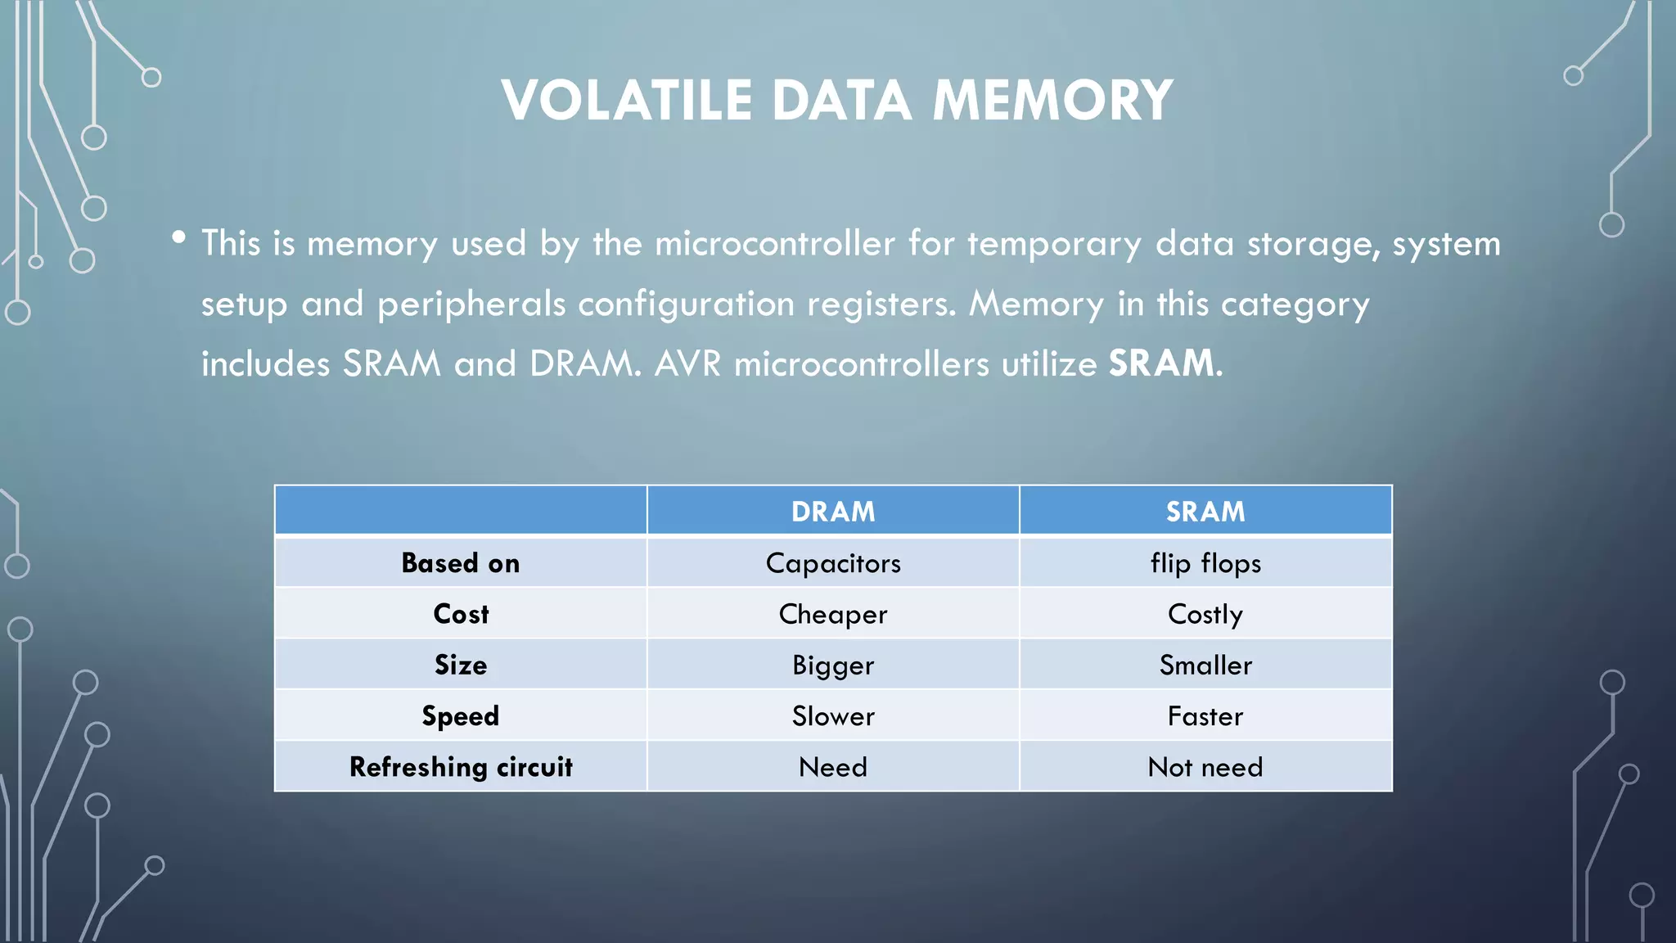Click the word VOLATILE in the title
tap(627, 101)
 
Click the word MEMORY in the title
tap(1053, 101)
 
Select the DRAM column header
tap(833, 512)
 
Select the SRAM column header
tap(1205, 512)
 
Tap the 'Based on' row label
tap(461, 563)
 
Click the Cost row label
tap(461, 614)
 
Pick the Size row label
tap(461, 665)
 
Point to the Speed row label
tap(461, 716)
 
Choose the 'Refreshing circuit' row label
tap(461, 767)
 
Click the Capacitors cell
tap(833, 563)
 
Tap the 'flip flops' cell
tap(1205, 563)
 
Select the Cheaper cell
tap(833, 614)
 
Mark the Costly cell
tap(1205, 614)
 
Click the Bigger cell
tap(833, 665)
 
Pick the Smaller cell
tap(1205, 665)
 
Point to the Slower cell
tap(833, 716)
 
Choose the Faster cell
tap(1205, 716)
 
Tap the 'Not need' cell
tap(1205, 767)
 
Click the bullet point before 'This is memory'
tap(179, 237)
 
